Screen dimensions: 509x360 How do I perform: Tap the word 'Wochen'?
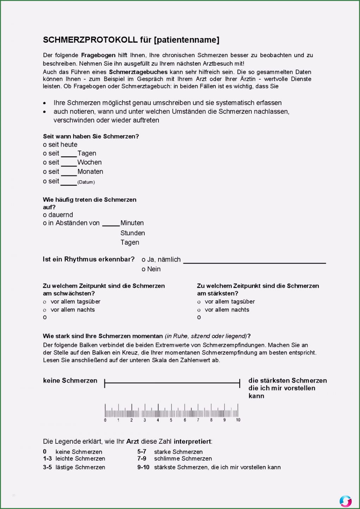[89, 162]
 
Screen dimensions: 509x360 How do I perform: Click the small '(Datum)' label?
[86, 182]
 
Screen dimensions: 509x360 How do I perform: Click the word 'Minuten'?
[132, 223]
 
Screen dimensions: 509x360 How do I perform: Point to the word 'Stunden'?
[133, 233]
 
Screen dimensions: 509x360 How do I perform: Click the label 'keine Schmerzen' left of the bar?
[70, 380]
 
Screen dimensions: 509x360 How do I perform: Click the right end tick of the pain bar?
[240, 383]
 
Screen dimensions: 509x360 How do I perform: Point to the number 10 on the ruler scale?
[238, 420]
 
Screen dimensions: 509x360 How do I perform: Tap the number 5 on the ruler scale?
[171, 420]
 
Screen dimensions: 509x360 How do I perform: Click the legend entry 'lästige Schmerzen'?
[80, 467]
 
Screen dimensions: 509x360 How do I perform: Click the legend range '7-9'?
[142, 459]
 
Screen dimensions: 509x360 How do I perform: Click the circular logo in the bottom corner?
[346, 501]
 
